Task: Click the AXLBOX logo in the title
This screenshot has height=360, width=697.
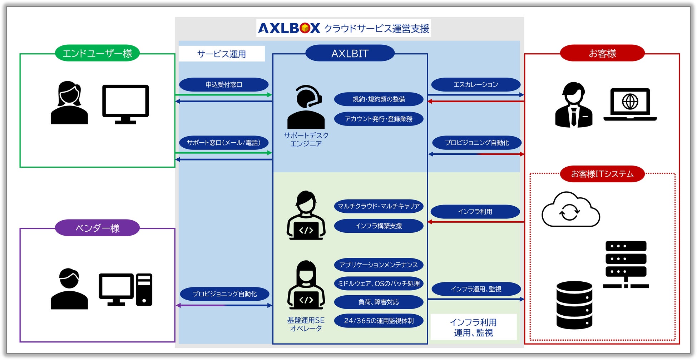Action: pos(289,28)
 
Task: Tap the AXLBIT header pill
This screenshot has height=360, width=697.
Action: pos(350,53)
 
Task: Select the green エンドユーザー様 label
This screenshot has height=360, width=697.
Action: pos(97,53)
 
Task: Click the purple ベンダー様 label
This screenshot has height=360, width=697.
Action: pos(97,228)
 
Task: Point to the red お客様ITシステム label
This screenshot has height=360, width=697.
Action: pos(602,174)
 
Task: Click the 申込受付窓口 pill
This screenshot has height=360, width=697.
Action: pos(224,85)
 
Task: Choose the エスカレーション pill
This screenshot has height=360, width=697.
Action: pos(475,85)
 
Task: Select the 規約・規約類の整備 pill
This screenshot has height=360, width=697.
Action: pos(379,99)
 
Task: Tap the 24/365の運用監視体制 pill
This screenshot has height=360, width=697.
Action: pos(379,321)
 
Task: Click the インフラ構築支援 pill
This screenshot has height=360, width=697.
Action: pos(379,226)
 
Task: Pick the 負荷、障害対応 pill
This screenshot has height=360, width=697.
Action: pos(379,302)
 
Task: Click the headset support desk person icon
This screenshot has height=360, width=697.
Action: pos(306,107)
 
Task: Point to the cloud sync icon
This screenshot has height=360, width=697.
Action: pos(570,210)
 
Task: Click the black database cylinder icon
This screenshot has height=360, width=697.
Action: pos(574,305)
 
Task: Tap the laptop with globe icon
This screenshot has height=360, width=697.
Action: pos(630,104)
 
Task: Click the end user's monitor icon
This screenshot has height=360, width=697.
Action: pos(125,104)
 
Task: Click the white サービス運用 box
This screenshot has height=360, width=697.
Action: pos(222,54)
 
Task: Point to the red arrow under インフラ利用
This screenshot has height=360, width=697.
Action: pos(475,222)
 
